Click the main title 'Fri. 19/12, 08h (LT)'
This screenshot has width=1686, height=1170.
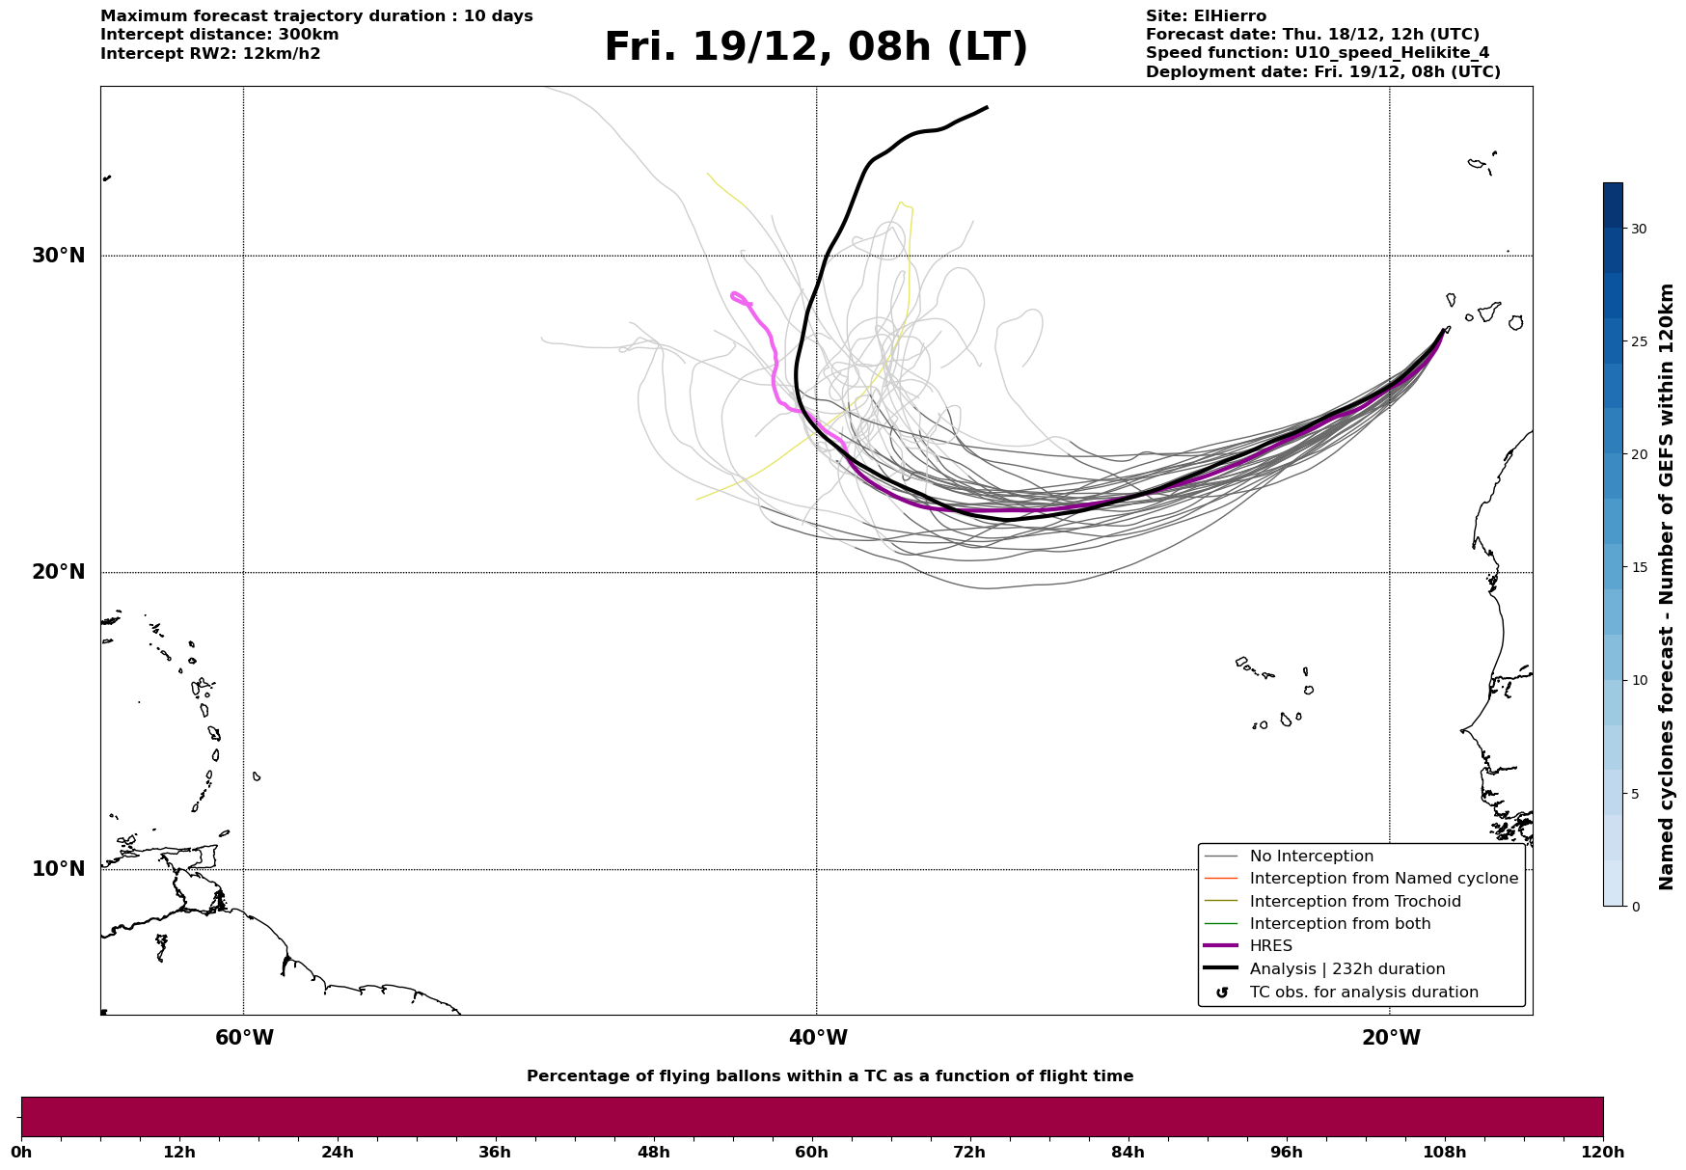pyautogui.click(x=816, y=47)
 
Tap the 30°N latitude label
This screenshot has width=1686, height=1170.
pyautogui.click(x=58, y=256)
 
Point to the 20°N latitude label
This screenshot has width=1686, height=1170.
pyautogui.click(x=58, y=572)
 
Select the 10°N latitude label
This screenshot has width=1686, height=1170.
pyautogui.click(x=58, y=869)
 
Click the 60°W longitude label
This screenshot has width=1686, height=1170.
pyautogui.click(x=244, y=1038)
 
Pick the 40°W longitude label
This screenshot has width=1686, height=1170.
pyautogui.click(x=818, y=1038)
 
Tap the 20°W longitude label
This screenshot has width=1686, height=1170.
pyautogui.click(x=1391, y=1038)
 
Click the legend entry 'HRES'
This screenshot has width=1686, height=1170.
pyautogui.click(x=1270, y=946)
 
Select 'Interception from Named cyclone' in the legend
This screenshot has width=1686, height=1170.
pyautogui.click(x=1383, y=879)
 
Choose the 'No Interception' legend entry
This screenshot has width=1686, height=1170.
pyautogui.click(x=1311, y=857)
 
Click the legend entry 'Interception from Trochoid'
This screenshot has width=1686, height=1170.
pyautogui.click(x=1354, y=902)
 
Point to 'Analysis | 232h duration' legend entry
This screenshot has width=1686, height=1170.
pyautogui.click(x=1346, y=969)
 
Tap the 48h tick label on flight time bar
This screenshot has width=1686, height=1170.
pyautogui.click(x=653, y=1152)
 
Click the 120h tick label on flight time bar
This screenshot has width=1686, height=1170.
pyautogui.click(x=1602, y=1152)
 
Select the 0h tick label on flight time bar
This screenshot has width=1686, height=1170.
pyautogui.click(x=21, y=1152)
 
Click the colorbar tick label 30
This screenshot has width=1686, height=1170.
pyautogui.click(x=1639, y=229)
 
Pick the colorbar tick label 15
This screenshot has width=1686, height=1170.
pyautogui.click(x=1639, y=567)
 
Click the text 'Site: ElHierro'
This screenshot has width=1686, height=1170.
pyautogui.click(x=1206, y=16)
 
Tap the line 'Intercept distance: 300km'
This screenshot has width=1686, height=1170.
pyautogui.click(x=219, y=35)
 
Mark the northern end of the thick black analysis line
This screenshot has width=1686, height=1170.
pyautogui.click(x=986, y=108)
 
